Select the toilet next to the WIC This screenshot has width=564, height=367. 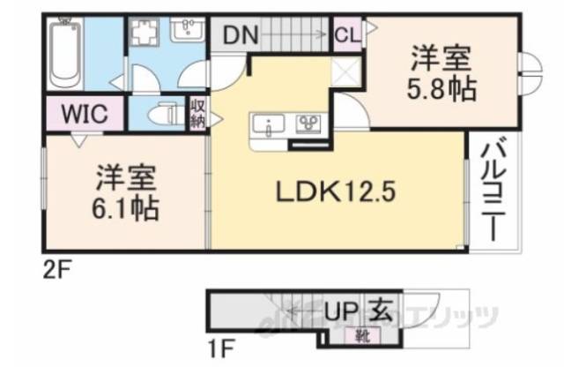tap(162, 115)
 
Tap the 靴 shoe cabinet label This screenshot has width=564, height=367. tap(362, 335)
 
